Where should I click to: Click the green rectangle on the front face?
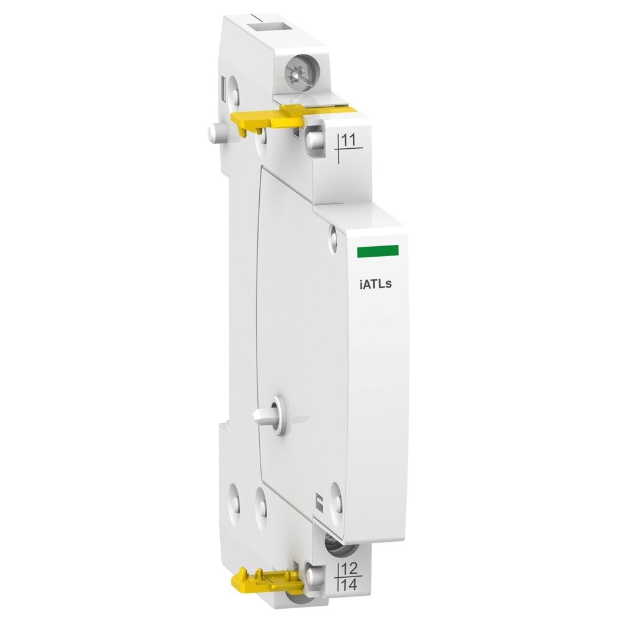(378, 250)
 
